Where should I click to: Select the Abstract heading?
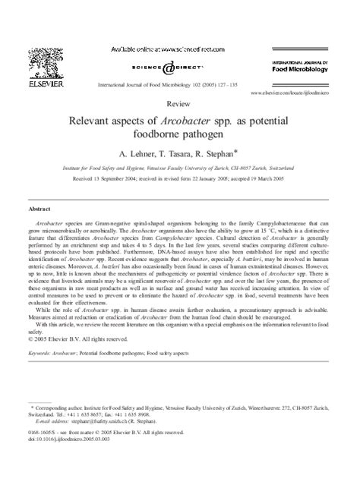point(39,207)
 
